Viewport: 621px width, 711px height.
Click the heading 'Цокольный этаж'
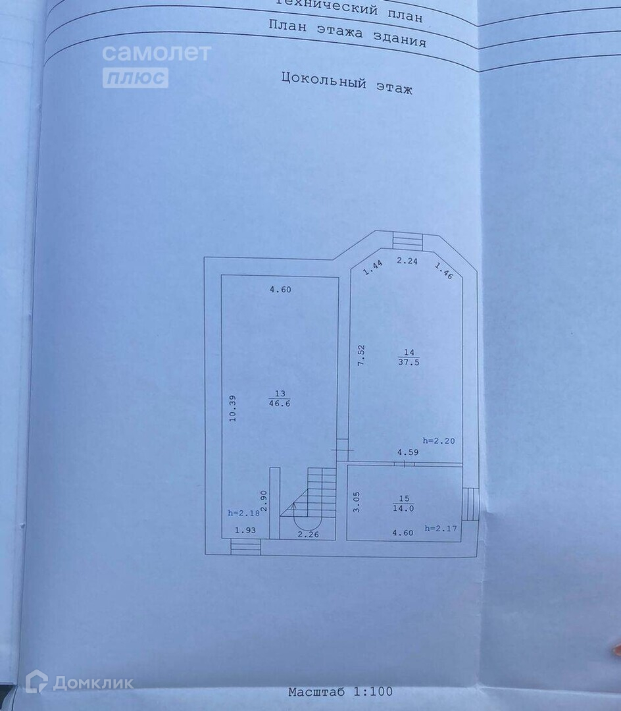347,82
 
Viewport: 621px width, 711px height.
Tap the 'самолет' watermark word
157,53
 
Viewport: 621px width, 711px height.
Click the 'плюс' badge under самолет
135,78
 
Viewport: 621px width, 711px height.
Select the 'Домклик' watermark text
93,683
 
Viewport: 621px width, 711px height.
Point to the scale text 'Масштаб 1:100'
340,691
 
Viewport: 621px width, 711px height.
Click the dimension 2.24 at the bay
407,261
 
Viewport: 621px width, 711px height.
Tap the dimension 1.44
373,266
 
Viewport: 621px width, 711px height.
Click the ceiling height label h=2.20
438,440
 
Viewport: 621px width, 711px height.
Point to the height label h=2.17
441,528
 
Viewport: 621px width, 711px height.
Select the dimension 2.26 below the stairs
307,534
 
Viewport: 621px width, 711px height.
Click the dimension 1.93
246,530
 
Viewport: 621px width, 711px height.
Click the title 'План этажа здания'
347,33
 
